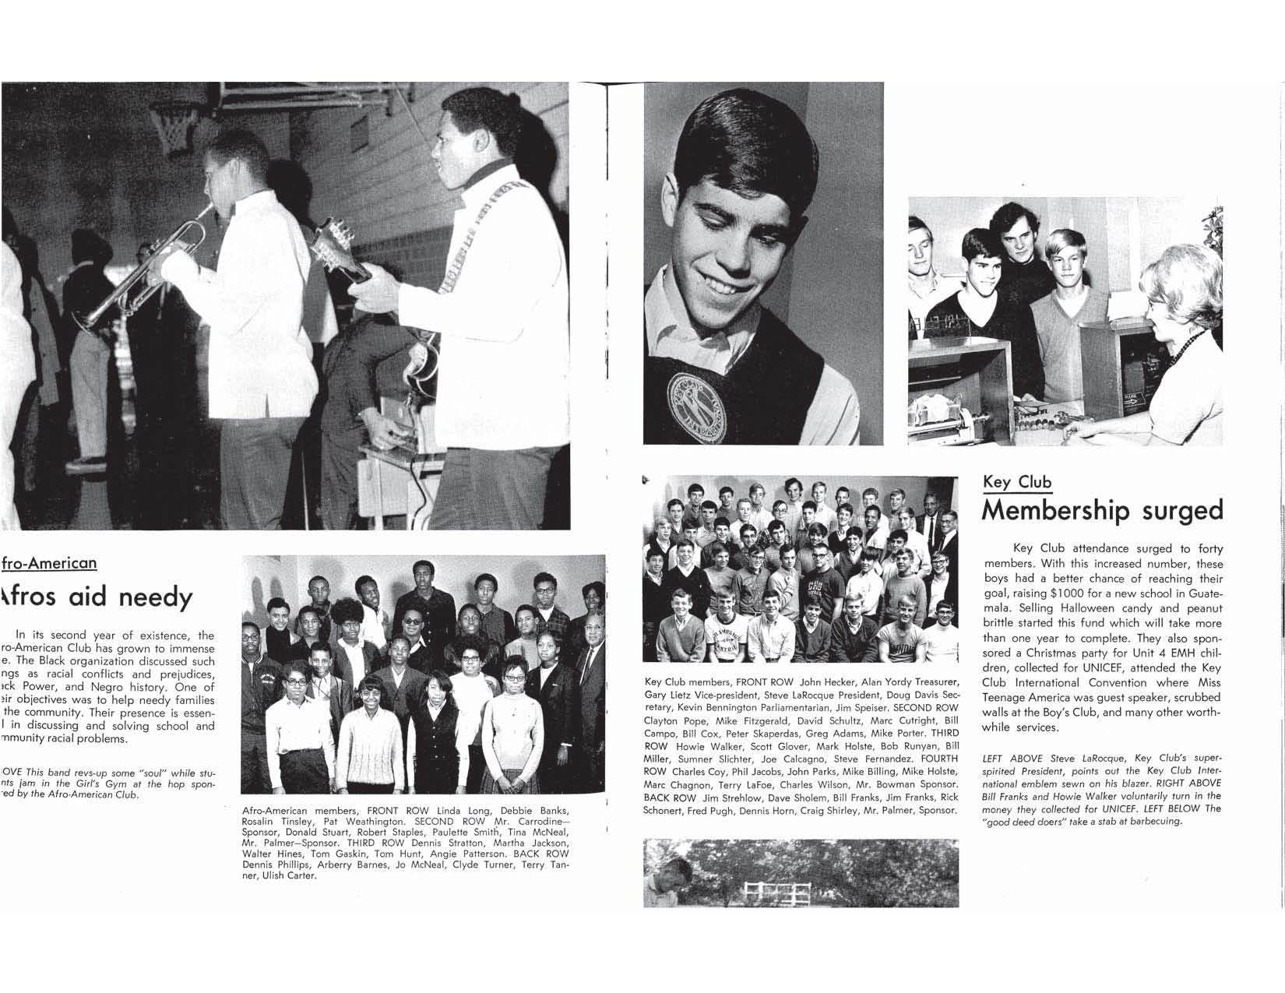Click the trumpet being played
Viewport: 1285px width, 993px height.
(x=148, y=269)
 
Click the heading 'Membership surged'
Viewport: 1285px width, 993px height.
(x=1102, y=511)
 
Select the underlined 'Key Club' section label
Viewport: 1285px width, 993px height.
(x=1016, y=482)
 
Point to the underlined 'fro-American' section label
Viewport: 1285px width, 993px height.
(x=50, y=563)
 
